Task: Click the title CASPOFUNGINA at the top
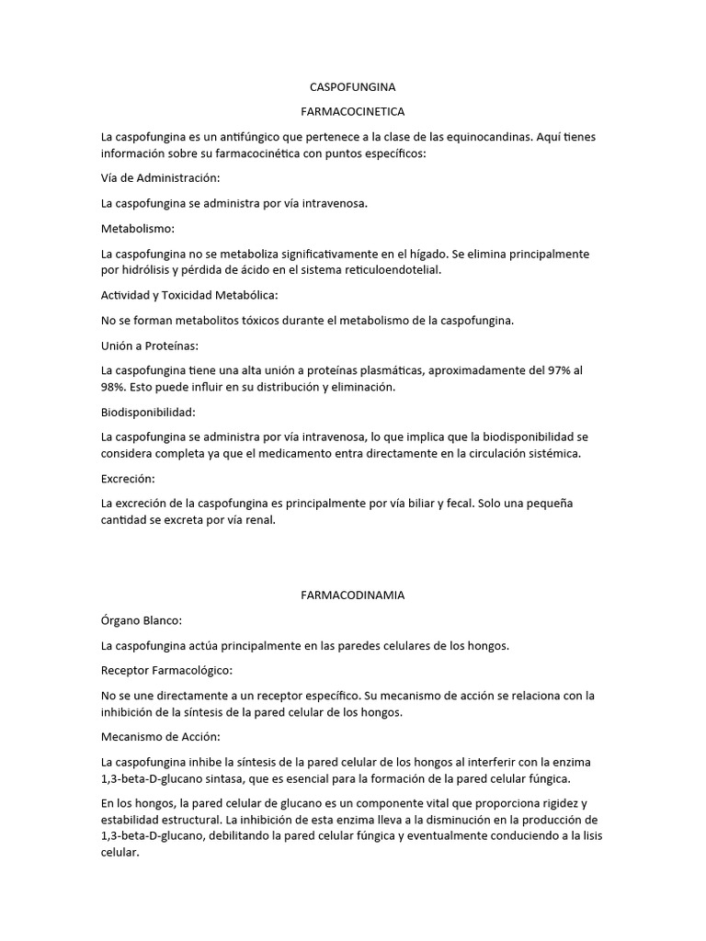tap(353, 87)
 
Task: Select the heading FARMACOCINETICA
tap(353, 110)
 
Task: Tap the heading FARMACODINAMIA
tap(353, 595)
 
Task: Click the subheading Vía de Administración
tap(161, 178)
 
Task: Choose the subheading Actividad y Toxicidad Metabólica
tap(189, 295)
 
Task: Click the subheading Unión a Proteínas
tap(150, 345)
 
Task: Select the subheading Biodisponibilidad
tap(148, 412)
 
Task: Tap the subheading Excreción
tap(128, 479)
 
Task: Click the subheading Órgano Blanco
tap(142, 620)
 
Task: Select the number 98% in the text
tap(114, 387)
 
